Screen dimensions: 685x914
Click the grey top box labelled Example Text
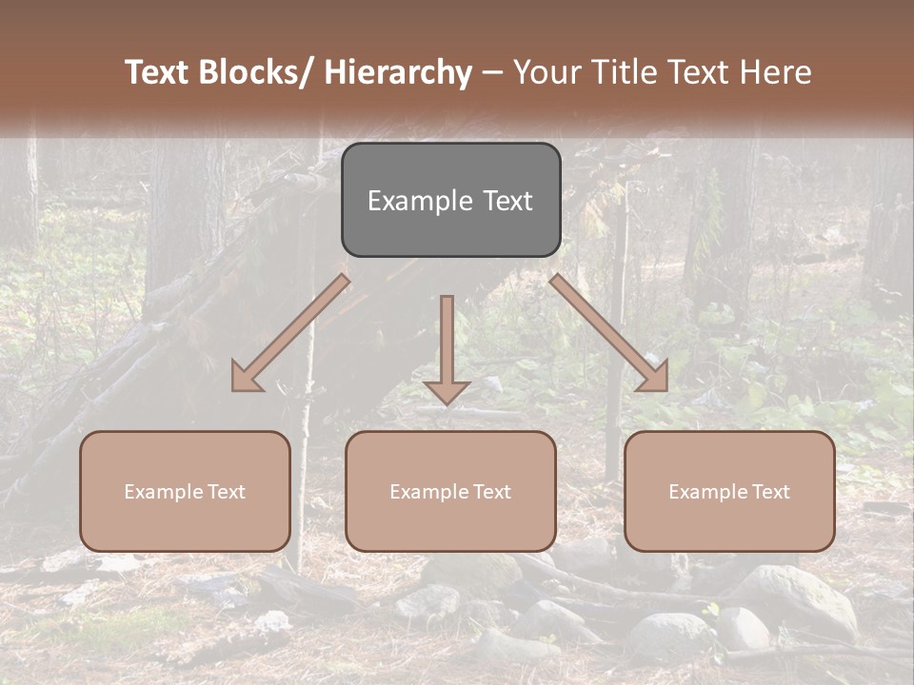(x=450, y=200)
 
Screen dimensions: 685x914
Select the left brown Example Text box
(x=185, y=491)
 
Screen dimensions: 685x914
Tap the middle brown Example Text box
(x=450, y=491)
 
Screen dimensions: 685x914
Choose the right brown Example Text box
(x=729, y=491)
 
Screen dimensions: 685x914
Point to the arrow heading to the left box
(x=289, y=334)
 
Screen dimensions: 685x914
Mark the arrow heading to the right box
(x=609, y=334)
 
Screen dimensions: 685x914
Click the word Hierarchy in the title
(x=398, y=72)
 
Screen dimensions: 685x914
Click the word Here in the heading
(x=776, y=72)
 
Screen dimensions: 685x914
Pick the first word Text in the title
(x=158, y=72)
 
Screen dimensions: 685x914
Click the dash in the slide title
(x=492, y=72)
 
